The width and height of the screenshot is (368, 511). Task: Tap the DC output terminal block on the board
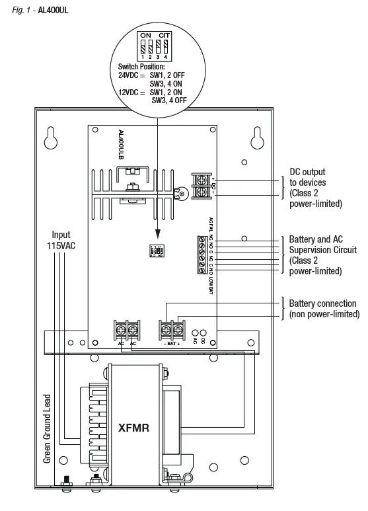pyautogui.click(x=202, y=185)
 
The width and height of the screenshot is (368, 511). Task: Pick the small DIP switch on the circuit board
pyautogui.click(x=157, y=252)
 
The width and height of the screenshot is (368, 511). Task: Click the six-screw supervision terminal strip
pyautogui.click(x=202, y=254)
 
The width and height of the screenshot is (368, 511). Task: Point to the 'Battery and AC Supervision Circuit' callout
pyautogui.click(x=323, y=255)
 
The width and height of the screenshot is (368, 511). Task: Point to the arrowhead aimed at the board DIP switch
pyautogui.click(x=157, y=235)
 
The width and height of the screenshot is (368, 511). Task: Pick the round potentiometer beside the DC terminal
pyautogui.click(x=178, y=194)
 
